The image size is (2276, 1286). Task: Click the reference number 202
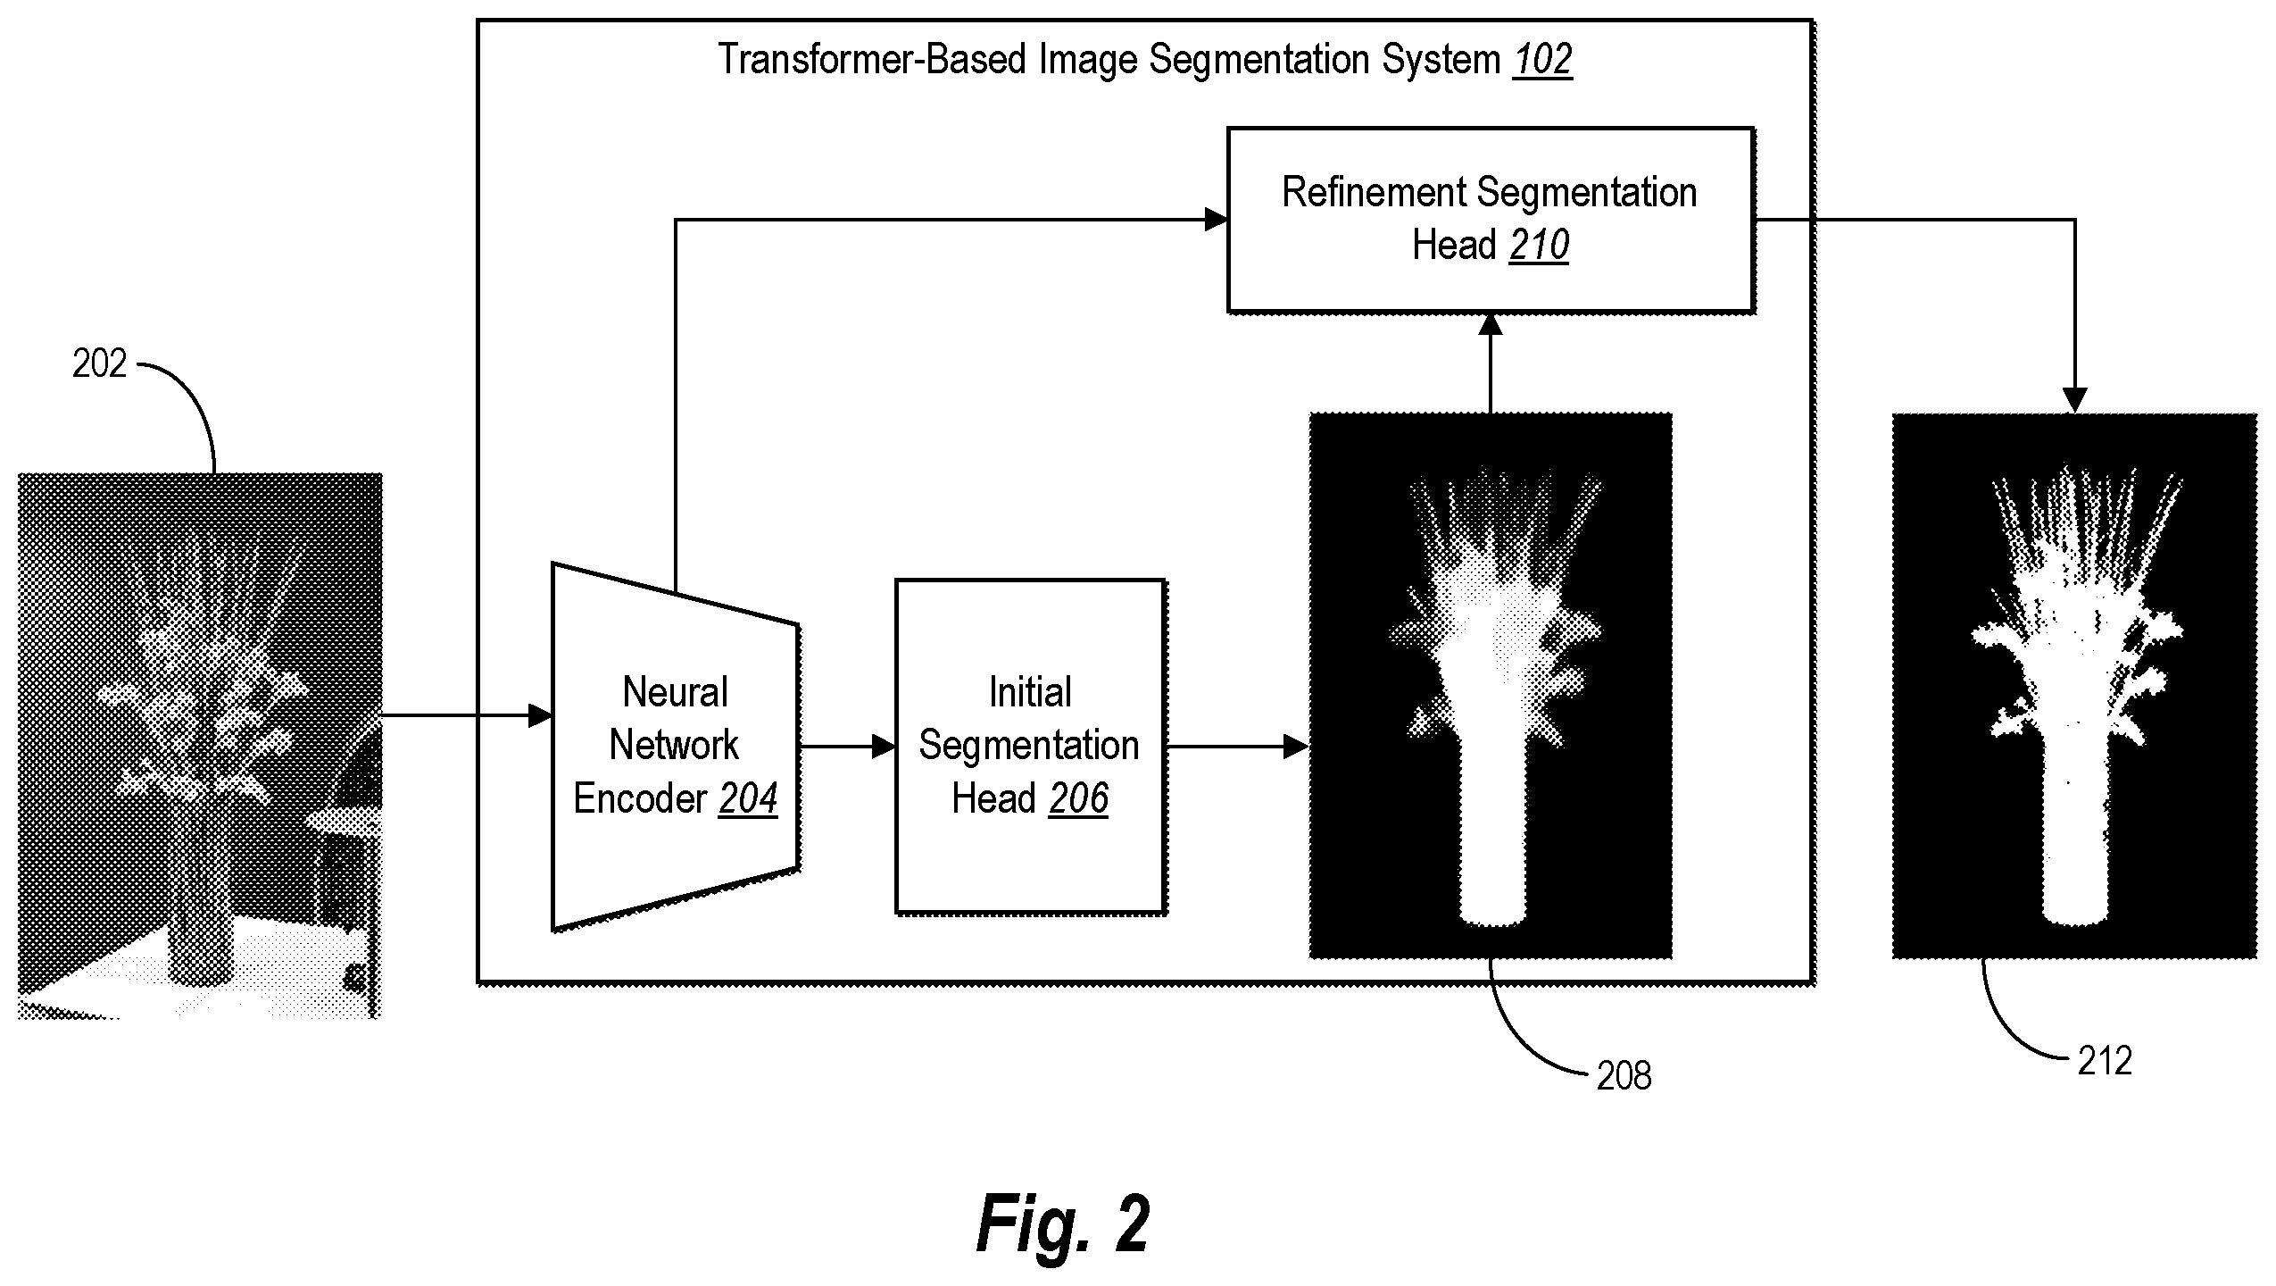[100, 364]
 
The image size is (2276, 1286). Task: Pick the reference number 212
[2105, 1061]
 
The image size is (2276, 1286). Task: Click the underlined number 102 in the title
[1542, 60]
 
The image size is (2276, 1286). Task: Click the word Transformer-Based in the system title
[872, 60]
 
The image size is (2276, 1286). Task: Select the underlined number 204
[748, 798]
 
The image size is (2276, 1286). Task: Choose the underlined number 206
[1078, 798]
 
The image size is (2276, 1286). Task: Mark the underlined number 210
[1539, 245]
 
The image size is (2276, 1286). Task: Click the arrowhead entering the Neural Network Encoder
[541, 715]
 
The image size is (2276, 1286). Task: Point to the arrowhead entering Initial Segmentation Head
[884, 747]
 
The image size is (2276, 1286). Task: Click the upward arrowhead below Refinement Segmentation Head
[1491, 324]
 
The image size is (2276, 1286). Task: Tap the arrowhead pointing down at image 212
[2075, 401]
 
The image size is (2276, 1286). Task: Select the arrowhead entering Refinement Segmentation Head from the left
[1216, 219]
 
